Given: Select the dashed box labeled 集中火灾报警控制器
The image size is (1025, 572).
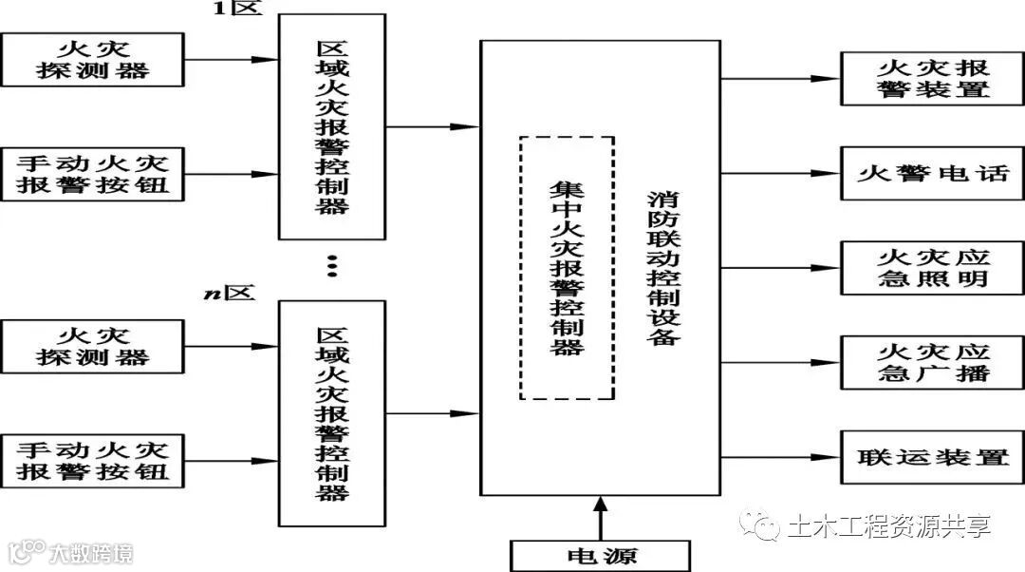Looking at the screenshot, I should point(567,268).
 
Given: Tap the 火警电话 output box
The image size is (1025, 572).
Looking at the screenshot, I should point(931,174).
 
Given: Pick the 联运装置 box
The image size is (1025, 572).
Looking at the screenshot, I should point(931,458).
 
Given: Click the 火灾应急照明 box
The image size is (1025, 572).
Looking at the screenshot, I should point(931,268).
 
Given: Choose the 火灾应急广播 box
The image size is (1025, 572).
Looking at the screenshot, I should point(931,361).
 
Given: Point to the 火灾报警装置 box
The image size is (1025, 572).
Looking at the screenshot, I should point(931,79).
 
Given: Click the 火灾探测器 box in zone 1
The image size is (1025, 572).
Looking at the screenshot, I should point(93,59).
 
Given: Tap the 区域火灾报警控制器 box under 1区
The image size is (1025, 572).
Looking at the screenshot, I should point(331,126).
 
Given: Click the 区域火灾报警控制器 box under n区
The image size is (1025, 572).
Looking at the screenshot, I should point(331,413).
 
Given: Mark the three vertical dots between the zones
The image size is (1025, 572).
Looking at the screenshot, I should point(331,266).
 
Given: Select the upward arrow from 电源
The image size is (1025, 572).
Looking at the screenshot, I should point(599,518).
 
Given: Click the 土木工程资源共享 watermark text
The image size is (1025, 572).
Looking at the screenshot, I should point(887,525).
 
